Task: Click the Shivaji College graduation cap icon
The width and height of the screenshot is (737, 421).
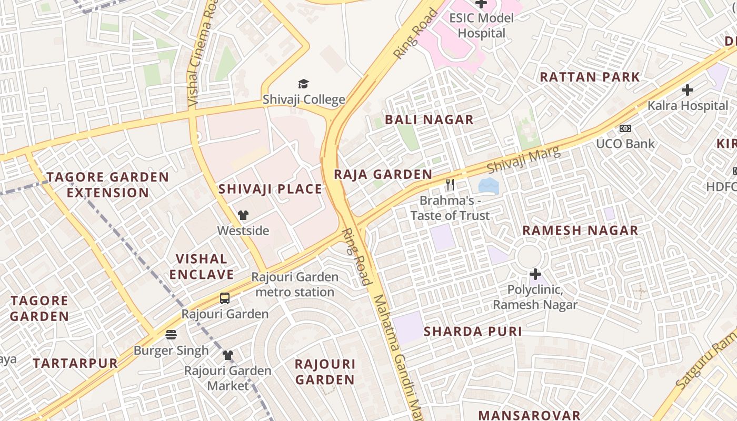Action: tap(303, 84)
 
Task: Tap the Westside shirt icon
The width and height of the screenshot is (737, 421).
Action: tap(243, 215)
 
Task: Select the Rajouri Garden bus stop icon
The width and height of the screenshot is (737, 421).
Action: tap(225, 298)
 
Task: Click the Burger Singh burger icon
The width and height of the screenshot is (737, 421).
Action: tap(171, 335)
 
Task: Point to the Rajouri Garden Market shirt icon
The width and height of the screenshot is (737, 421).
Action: tap(227, 355)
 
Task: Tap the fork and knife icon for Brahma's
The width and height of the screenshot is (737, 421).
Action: tap(450, 185)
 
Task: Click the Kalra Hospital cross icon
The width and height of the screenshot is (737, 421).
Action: tap(687, 90)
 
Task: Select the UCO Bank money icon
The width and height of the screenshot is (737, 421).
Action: tap(625, 128)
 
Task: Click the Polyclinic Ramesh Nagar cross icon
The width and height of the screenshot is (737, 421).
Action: tap(535, 274)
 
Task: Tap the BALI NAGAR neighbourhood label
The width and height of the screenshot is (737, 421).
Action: tap(429, 120)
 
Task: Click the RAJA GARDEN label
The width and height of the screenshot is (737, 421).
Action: tap(383, 175)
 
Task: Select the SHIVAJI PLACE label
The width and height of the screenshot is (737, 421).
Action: tap(270, 189)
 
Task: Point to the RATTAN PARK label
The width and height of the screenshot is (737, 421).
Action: tap(590, 77)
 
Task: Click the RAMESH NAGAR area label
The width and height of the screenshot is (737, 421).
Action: tap(580, 230)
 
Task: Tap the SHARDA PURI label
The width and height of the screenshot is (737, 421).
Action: tap(473, 332)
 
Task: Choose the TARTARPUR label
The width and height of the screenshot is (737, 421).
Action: tap(75, 363)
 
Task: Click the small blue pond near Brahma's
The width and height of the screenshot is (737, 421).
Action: tap(489, 185)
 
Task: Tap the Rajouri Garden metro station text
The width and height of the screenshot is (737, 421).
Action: tap(294, 284)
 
